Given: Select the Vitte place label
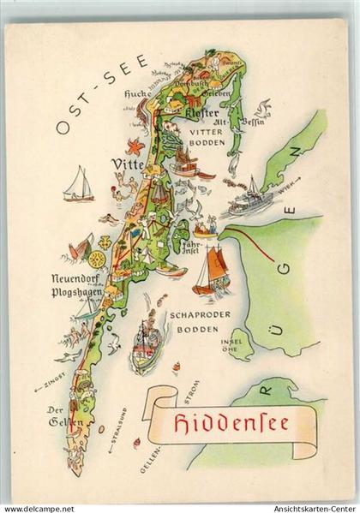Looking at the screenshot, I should coord(128,164).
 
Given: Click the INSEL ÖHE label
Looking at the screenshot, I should coord(231,345).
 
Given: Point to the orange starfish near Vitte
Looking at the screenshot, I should coord(135,146).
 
